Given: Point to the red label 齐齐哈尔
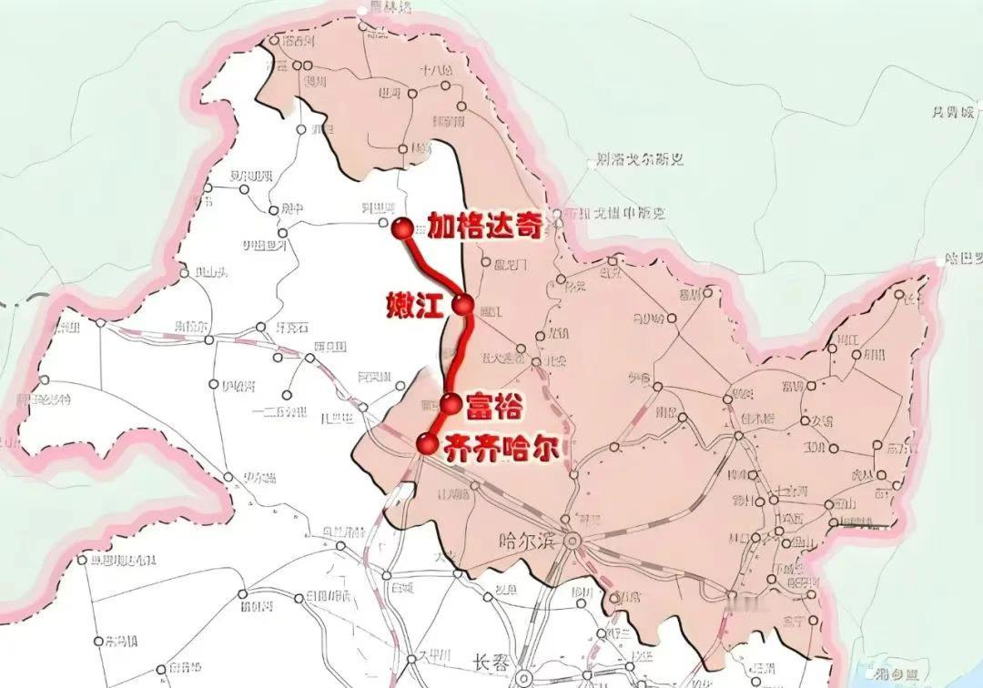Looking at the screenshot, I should (502, 446).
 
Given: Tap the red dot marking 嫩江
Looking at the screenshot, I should (464, 306).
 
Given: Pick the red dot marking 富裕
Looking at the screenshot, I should (451, 404).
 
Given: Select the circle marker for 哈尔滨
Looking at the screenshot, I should (573, 541).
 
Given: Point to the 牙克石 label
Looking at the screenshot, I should (292, 327).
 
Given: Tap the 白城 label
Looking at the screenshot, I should (400, 587).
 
